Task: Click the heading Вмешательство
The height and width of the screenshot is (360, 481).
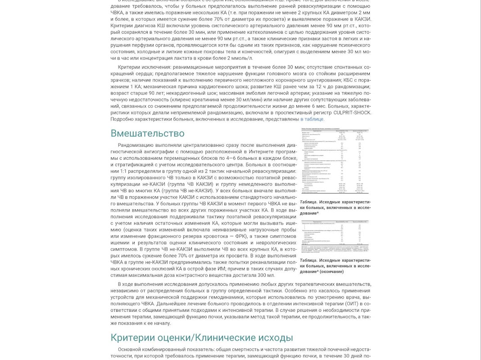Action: (x=147, y=133)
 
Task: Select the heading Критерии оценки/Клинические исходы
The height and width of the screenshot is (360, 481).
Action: (x=202, y=337)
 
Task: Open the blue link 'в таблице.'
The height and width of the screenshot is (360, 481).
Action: (x=312, y=119)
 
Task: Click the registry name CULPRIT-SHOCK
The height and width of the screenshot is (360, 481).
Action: (x=353, y=112)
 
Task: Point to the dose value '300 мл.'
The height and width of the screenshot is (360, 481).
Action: (x=265, y=275)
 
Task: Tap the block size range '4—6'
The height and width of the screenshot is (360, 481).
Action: (x=230, y=158)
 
